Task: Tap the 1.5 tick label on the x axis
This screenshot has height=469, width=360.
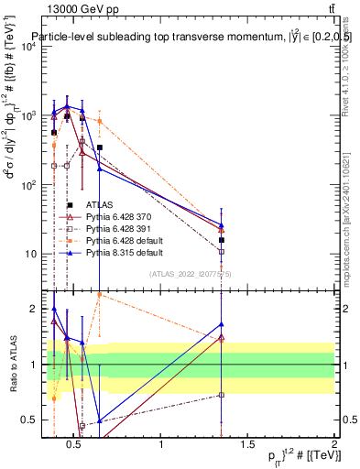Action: [x=248, y=445]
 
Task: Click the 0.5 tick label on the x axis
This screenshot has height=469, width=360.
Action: [x=75, y=445]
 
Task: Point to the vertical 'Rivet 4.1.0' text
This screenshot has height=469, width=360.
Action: [x=353, y=73]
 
